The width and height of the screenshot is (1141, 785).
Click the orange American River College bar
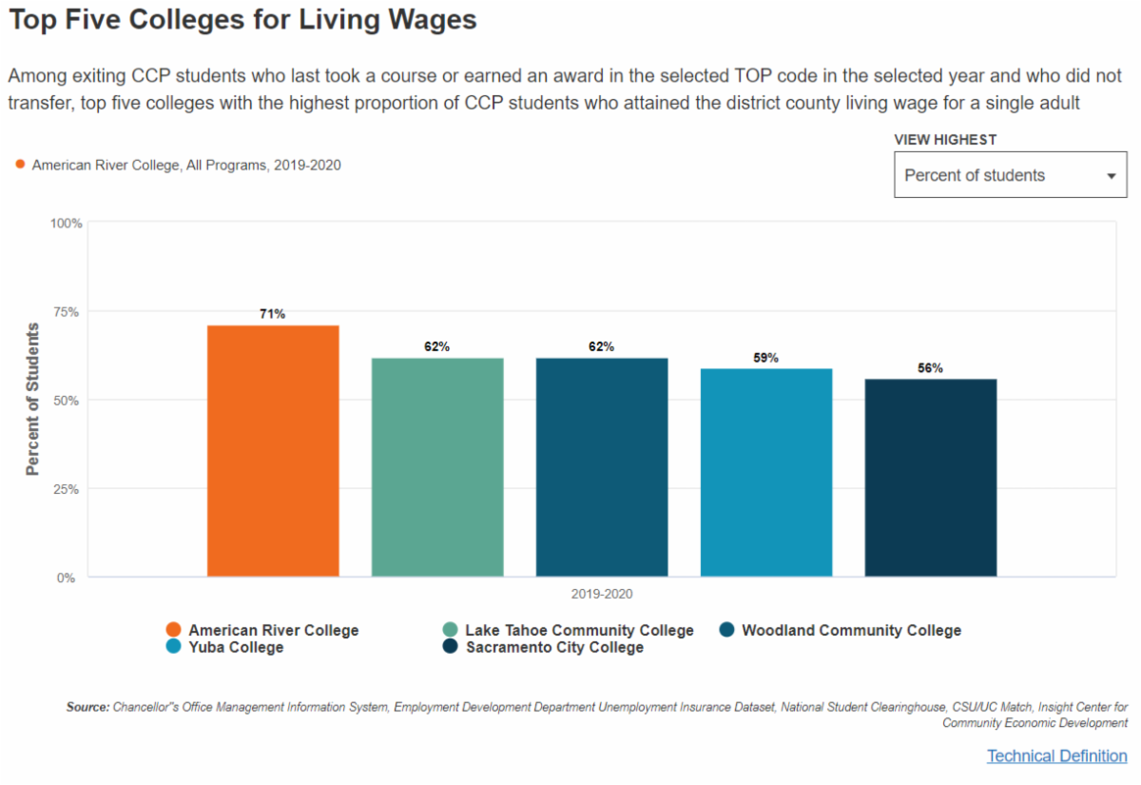pyautogui.click(x=273, y=451)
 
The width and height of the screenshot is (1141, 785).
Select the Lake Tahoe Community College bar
pyautogui.click(x=437, y=467)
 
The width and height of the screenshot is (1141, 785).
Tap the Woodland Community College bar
pyautogui.click(x=602, y=467)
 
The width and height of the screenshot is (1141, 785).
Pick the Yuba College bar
pyautogui.click(x=766, y=473)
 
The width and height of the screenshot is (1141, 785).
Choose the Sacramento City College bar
pyautogui.click(x=931, y=478)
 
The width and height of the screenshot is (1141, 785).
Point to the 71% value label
pyautogui.click(x=273, y=314)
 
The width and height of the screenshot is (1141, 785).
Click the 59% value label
pyautogui.click(x=766, y=358)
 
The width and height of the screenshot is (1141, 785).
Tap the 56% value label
pyautogui.click(x=931, y=368)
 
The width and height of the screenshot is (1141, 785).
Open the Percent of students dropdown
pyautogui.click(x=1010, y=175)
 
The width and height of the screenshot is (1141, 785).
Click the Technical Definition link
pyautogui.click(x=1056, y=756)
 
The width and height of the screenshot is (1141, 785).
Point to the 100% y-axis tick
pyautogui.click(x=67, y=223)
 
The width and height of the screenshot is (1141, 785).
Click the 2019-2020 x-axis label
pyautogui.click(x=602, y=594)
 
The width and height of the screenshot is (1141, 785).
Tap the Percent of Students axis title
pyautogui.click(x=33, y=400)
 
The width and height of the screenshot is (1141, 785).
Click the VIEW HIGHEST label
pyautogui.click(x=945, y=140)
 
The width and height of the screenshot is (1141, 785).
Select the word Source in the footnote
pyautogui.click(x=87, y=707)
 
